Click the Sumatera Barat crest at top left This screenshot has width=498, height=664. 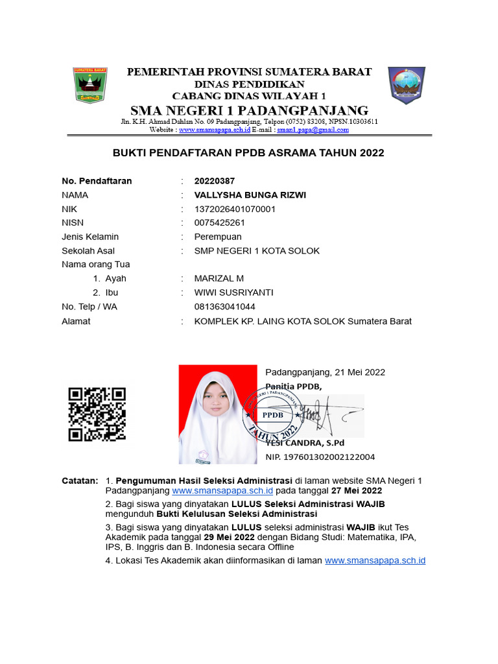90,86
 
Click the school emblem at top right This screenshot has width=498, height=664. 407,85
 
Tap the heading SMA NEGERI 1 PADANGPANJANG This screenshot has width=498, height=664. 249,110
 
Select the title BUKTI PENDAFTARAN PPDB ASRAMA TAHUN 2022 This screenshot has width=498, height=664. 249,153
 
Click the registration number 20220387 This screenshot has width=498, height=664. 215,181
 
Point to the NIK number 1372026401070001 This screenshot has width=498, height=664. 235,209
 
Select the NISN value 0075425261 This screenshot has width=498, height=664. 219,222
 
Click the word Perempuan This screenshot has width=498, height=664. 218,237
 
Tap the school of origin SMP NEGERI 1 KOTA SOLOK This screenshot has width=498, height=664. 257,251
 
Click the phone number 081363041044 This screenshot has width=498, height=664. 224,307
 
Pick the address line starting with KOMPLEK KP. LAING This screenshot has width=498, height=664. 303,321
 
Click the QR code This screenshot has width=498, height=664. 97,414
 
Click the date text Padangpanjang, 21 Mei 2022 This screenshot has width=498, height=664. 325,372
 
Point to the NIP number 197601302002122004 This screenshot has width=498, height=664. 320,457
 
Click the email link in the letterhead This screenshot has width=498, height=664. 313,130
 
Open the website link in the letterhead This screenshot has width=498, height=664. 215,130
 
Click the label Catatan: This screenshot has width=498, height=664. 79,480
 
